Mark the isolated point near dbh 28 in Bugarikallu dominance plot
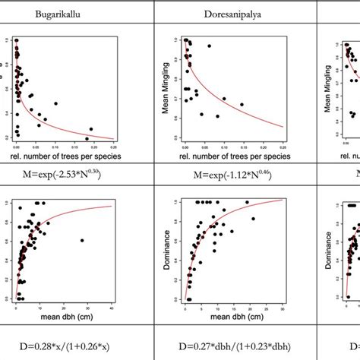pyautogui.click(x=81, y=241)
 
